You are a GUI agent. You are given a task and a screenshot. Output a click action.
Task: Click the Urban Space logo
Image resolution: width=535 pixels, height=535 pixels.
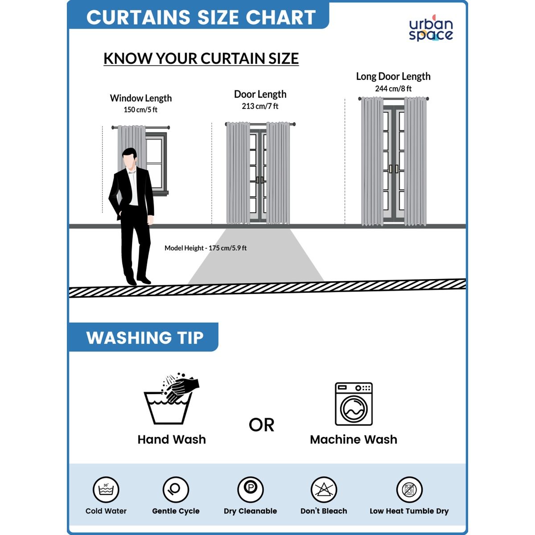(431, 28)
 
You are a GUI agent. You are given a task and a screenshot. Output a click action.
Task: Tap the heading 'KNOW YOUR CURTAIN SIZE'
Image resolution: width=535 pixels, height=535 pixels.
(201, 58)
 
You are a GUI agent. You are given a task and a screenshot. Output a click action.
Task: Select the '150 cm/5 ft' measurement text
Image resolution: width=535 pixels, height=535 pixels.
(140, 110)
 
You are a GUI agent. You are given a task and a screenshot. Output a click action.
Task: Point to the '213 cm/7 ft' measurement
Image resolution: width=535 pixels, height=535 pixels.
(260, 106)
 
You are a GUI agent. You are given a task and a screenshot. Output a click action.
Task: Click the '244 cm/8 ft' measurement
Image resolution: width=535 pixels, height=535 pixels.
(393, 89)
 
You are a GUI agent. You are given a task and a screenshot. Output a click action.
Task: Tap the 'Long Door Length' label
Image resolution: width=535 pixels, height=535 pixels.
(393, 76)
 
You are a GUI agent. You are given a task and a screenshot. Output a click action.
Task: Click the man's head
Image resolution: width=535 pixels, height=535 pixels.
(130, 158)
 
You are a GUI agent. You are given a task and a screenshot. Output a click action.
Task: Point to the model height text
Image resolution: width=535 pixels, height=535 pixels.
(206, 248)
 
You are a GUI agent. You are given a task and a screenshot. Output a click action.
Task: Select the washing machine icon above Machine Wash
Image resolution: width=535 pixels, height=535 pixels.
(354, 404)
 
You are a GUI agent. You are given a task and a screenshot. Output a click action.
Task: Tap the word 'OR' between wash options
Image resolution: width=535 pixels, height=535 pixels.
(261, 425)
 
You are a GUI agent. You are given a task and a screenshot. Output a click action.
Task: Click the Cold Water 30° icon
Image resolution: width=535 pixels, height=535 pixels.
(106, 490)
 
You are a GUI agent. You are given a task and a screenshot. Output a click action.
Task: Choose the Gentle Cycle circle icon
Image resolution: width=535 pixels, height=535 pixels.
(176, 490)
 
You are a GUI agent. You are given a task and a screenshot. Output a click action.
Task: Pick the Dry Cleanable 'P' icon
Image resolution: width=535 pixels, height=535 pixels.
(250, 490)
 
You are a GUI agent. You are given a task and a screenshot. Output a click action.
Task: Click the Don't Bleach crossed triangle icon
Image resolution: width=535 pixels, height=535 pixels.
(324, 490)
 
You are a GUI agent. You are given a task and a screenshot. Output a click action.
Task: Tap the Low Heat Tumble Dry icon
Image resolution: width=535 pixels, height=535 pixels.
(409, 490)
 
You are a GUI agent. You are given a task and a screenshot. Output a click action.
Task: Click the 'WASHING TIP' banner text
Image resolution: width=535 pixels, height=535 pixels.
(144, 337)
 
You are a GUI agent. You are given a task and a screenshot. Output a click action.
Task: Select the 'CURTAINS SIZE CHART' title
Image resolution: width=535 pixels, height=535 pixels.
(201, 17)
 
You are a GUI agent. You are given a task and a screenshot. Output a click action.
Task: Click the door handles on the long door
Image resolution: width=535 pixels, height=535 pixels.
(393, 169)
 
